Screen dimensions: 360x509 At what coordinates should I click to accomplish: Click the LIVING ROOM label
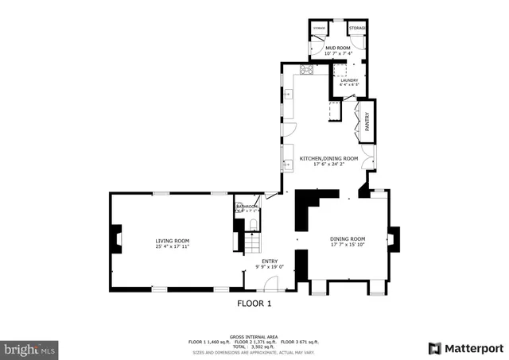coord(172,240)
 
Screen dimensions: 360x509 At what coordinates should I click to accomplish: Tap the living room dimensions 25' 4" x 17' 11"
coord(172,246)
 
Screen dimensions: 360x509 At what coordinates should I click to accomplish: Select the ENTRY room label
coord(270,260)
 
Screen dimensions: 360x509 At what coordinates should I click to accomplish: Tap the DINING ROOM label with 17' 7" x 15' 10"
coord(348,238)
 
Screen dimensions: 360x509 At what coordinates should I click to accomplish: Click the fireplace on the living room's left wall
coord(117,239)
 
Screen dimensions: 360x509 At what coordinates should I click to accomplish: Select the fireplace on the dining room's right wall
coord(392,240)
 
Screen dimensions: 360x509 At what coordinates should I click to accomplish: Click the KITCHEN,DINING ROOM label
coord(328,159)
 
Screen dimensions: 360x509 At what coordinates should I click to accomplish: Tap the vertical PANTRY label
coord(367,122)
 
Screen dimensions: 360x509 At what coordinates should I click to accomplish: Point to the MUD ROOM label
coord(339,48)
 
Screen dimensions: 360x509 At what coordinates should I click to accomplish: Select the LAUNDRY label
coord(348,80)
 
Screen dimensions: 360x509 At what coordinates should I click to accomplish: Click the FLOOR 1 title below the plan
coord(254,304)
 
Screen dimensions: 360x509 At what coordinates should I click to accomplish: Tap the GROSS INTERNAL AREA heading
coord(254,336)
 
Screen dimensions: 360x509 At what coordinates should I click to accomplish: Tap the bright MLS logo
coord(30,348)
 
